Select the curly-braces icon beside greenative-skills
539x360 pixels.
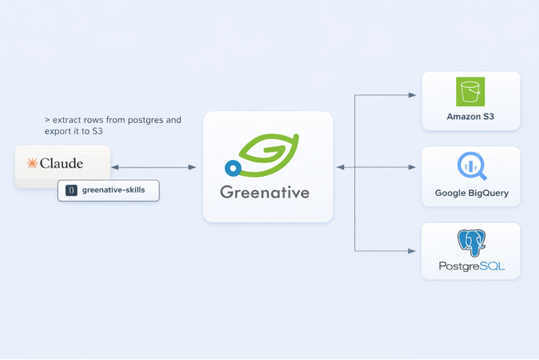(72, 190)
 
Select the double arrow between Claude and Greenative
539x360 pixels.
(153, 168)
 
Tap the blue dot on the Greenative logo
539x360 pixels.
(234, 168)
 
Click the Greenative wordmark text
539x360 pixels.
(265, 192)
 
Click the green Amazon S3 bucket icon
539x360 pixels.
(471, 92)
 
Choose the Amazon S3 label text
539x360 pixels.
(471, 116)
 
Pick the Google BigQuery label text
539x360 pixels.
(472, 193)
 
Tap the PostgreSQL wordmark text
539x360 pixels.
(471, 267)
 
